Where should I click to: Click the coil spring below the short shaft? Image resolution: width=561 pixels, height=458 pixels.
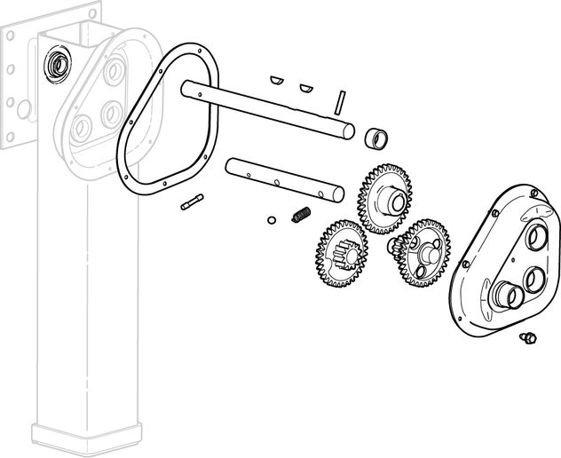click(300, 215)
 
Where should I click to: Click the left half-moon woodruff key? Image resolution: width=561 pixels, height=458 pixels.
click(278, 79)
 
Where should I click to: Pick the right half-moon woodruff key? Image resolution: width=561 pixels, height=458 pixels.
click(306, 88)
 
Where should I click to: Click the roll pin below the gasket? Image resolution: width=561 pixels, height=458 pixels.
click(191, 203)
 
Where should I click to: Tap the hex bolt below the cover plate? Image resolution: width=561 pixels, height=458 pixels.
click(527, 336)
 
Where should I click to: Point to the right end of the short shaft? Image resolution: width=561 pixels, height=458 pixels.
click(336, 190)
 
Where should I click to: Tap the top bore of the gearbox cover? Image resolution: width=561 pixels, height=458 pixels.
click(539, 238)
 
